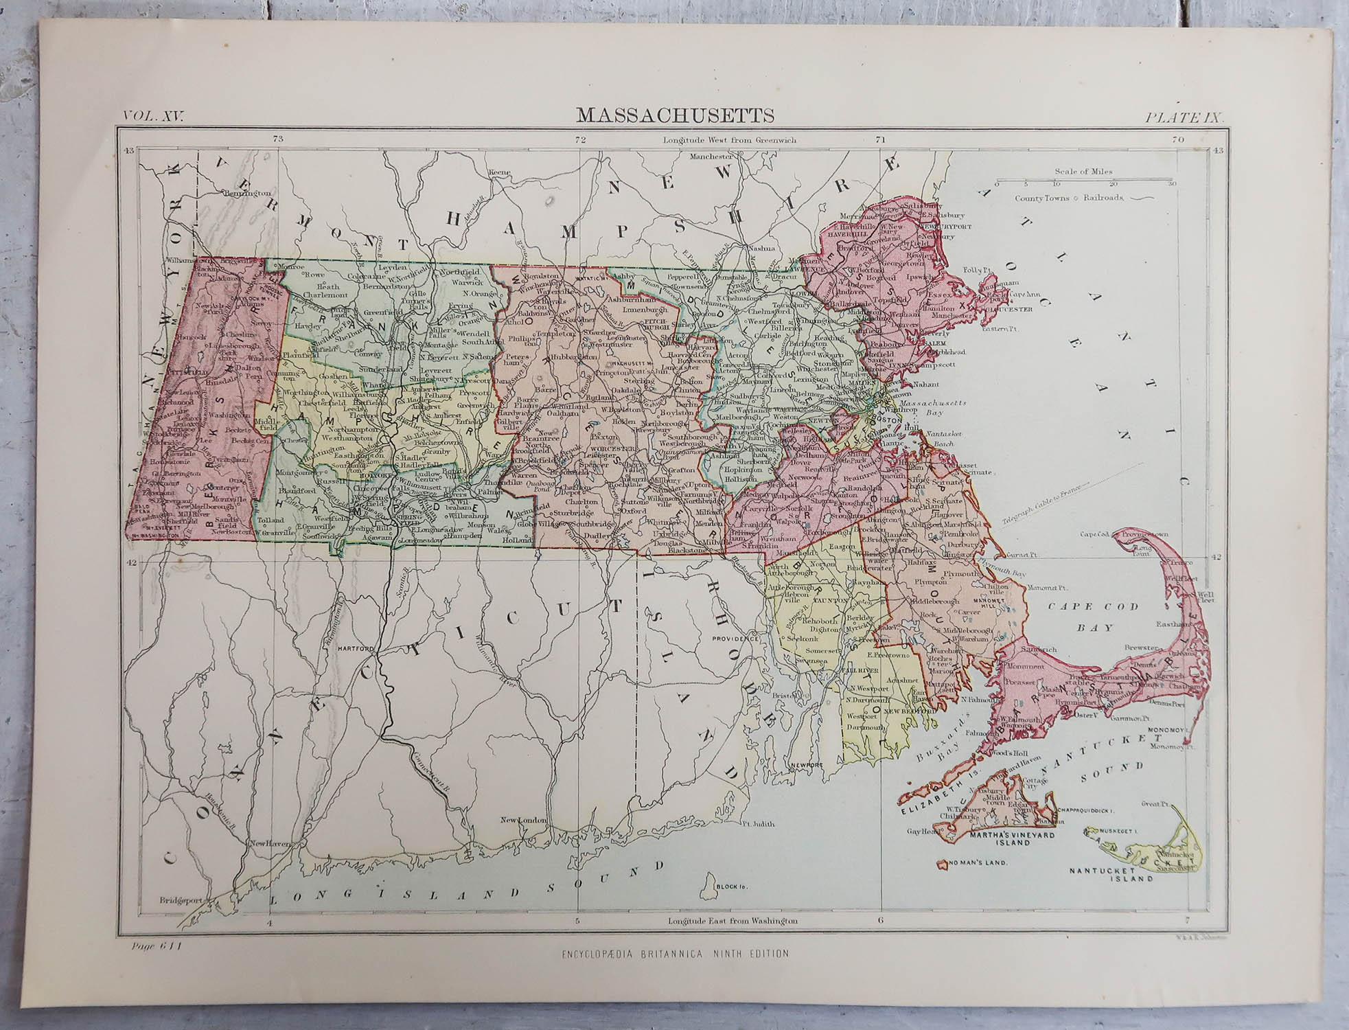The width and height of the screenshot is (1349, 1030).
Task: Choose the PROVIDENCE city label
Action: [733, 638]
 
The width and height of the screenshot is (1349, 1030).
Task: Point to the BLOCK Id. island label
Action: [730, 886]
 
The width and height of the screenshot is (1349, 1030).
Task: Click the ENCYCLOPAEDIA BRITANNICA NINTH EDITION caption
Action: [674, 952]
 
